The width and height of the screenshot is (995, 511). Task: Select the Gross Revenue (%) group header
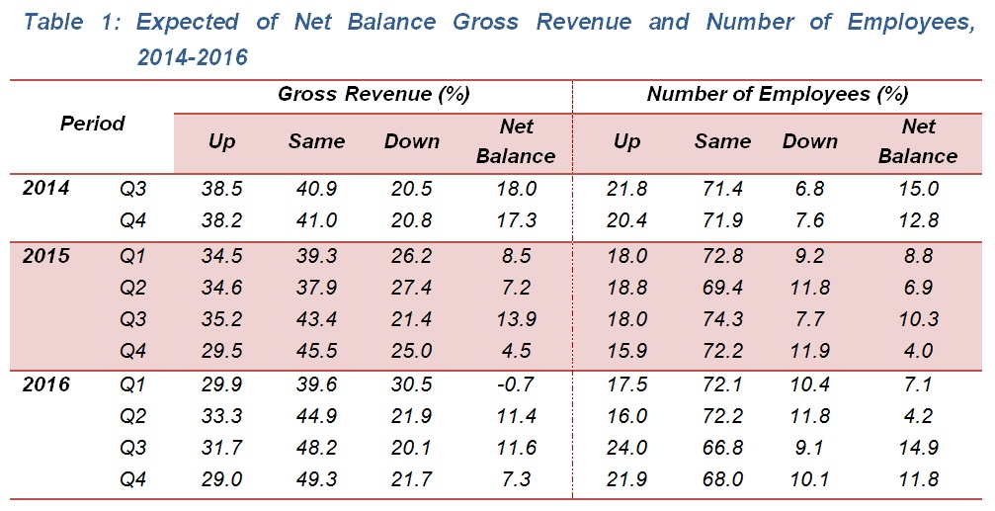pyautogui.click(x=373, y=95)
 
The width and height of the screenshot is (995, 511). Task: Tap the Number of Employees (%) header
pyautogui.click(x=777, y=95)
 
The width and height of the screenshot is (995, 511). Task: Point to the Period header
pyautogui.click(x=93, y=124)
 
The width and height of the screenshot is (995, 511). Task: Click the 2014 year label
pyautogui.click(x=46, y=187)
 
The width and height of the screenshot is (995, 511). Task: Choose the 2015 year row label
pyautogui.click(x=46, y=257)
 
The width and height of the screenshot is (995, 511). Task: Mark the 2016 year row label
pyautogui.click(x=46, y=385)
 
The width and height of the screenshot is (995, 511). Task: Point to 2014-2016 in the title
pyautogui.click(x=193, y=58)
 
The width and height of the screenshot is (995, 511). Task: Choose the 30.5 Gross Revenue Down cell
pyautogui.click(x=411, y=385)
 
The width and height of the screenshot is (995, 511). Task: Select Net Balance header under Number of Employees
pyautogui.click(x=918, y=141)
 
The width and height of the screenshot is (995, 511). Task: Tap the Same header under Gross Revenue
pyautogui.click(x=316, y=141)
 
